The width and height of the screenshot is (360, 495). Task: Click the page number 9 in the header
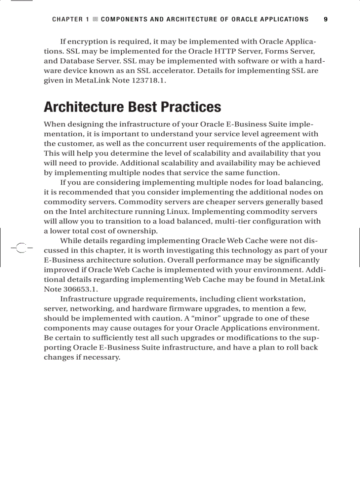pos(326,19)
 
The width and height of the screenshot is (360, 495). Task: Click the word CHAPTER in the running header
pos(67,19)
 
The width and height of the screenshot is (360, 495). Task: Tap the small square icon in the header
pos(95,19)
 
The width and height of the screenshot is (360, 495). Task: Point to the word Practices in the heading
pos(191,107)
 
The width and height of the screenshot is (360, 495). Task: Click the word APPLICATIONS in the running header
pos(283,19)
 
